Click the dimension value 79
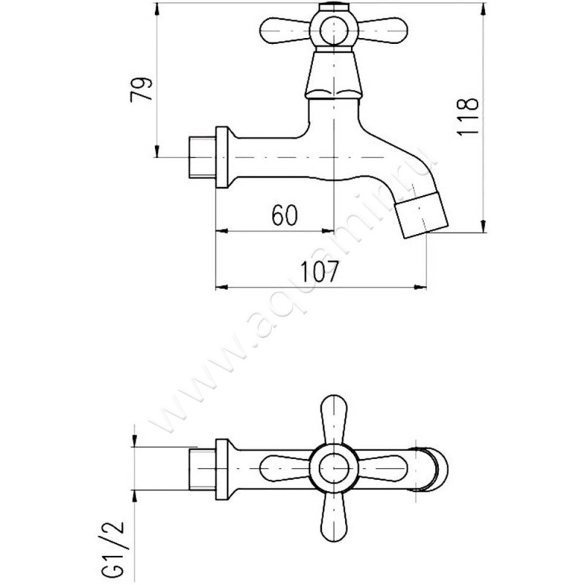click(141, 89)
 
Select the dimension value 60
click(284, 215)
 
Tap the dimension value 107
click(320, 271)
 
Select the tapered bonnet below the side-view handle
click(333, 75)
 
